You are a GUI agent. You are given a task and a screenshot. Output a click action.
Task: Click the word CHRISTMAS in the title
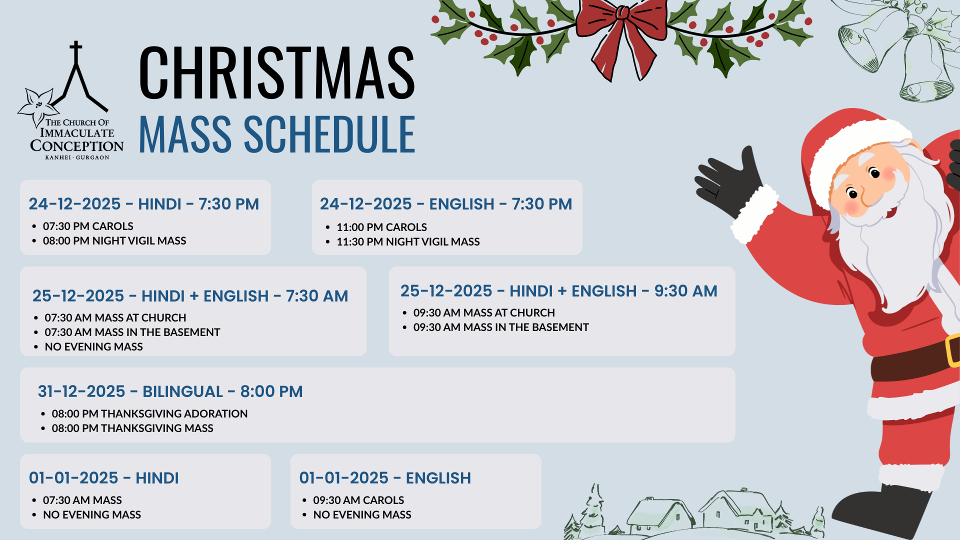tap(276, 72)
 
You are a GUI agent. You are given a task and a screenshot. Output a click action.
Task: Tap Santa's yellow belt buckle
tap(952, 350)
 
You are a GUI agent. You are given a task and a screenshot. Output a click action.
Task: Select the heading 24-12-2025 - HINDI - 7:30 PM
tap(144, 204)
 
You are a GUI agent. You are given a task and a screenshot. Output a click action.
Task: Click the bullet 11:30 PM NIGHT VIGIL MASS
tap(408, 242)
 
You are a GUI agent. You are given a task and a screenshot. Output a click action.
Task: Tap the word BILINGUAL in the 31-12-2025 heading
tap(182, 391)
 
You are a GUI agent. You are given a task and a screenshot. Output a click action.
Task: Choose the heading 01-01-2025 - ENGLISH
tap(385, 478)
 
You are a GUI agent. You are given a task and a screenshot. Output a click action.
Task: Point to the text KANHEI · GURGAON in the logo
tap(77, 157)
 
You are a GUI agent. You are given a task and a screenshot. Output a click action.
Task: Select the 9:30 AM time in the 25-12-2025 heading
tap(686, 291)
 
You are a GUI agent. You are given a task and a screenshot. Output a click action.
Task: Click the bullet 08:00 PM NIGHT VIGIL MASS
tap(114, 241)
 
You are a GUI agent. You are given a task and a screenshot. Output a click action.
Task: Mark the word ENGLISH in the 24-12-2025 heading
tap(461, 204)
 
